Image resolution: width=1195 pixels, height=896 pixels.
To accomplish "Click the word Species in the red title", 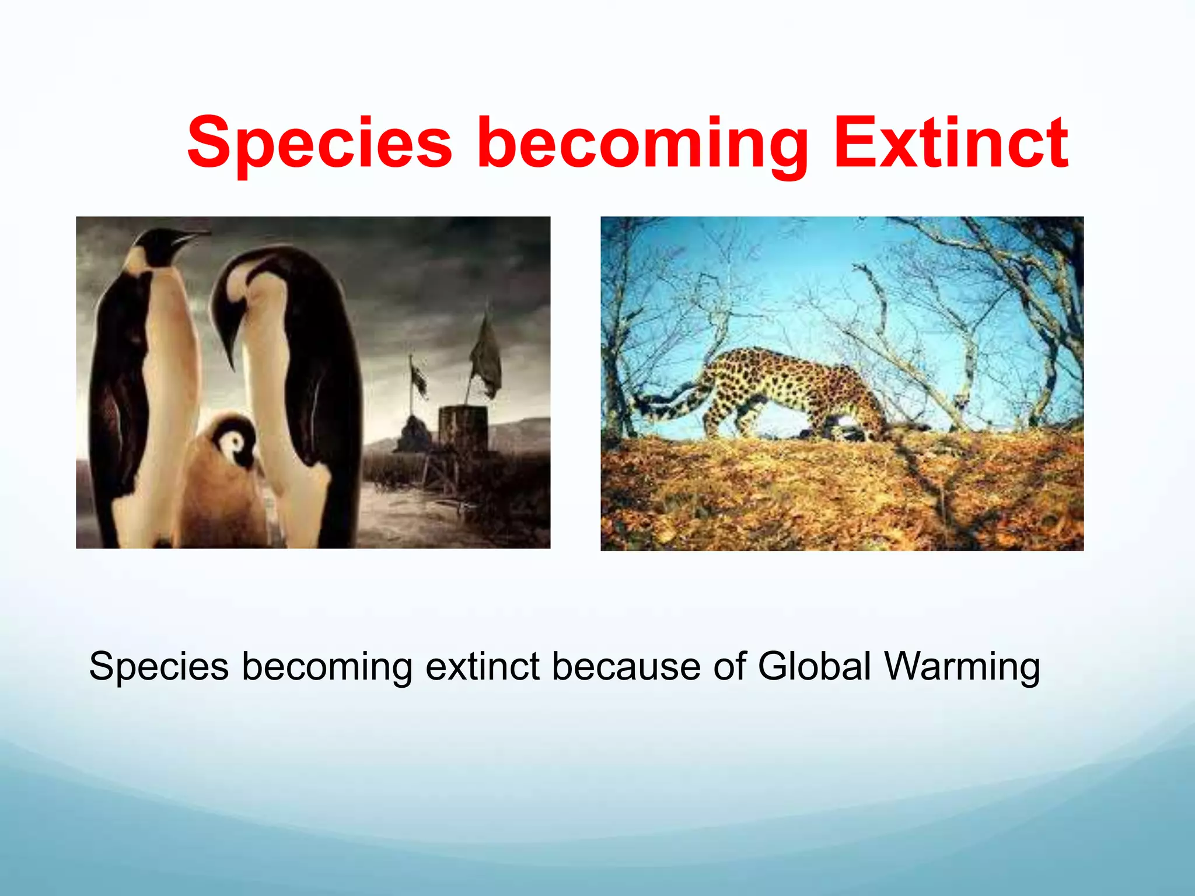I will point(319,143).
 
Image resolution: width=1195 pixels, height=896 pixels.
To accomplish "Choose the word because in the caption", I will point(626,666).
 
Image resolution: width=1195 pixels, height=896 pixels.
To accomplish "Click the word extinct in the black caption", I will point(483,666).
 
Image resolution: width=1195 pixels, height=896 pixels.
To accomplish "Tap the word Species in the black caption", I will point(159,666).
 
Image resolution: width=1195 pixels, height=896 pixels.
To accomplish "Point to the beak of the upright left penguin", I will point(193,237).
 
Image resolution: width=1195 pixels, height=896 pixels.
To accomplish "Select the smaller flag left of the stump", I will point(418,378).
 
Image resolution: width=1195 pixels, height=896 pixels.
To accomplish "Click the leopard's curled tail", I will point(665,402).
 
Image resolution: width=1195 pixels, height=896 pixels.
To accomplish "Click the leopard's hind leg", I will point(715,414).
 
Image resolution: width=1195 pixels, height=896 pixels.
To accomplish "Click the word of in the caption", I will point(729,666).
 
